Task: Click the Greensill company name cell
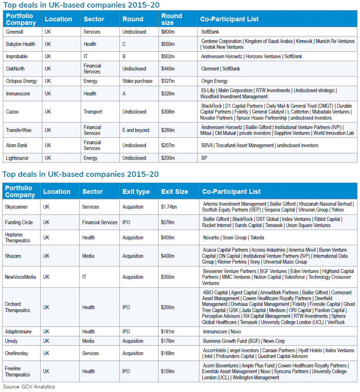click(15, 32)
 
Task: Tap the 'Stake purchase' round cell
click(137, 81)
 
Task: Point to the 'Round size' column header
click(172, 19)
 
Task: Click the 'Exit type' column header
click(136, 191)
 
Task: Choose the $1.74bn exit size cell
click(170, 207)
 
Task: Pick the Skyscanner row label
click(16, 207)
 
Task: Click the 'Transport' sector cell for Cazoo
click(93, 112)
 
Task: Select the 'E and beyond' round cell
click(136, 130)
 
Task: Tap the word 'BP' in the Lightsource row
click(204, 158)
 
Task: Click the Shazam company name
click(13, 256)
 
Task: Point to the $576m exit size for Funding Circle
click(168, 222)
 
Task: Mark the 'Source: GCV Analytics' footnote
click(29, 387)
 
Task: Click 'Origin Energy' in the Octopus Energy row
click(214, 81)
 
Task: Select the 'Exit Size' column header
click(174, 191)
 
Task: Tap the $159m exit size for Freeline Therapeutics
click(167, 371)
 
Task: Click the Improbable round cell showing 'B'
click(124, 56)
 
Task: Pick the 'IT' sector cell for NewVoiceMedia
click(85, 277)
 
